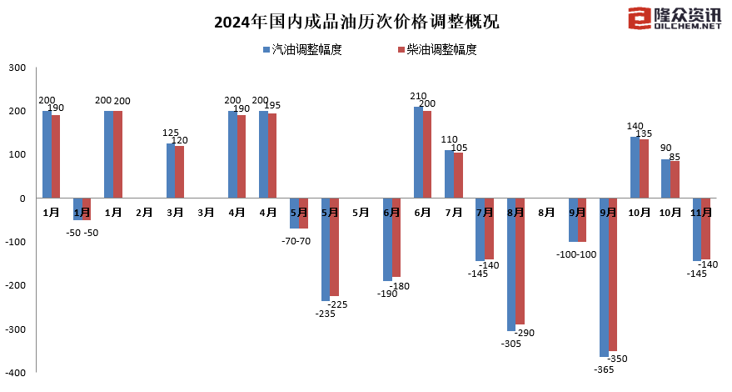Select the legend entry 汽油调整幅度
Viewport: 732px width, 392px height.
click(x=302, y=49)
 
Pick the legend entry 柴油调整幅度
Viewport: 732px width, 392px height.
click(x=438, y=49)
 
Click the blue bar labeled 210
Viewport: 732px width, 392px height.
click(x=418, y=153)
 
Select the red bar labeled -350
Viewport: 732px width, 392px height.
click(x=613, y=275)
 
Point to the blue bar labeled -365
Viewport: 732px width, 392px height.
click(x=604, y=278)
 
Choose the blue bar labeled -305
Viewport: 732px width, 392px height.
click(x=511, y=265)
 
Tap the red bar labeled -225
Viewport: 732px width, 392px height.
click(x=335, y=248)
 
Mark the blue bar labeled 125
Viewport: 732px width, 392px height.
click(x=171, y=171)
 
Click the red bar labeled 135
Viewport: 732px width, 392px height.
click(x=644, y=169)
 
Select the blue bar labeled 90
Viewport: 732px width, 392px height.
click(x=665, y=178)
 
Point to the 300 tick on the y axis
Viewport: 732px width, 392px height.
click(x=17, y=68)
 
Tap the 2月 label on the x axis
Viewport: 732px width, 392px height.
click(x=144, y=213)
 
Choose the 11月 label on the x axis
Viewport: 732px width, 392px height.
click(x=701, y=213)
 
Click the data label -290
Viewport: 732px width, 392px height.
click(x=525, y=333)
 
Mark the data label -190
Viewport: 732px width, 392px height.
click(x=386, y=294)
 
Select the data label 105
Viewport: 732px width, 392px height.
click(x=459, y=148)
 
